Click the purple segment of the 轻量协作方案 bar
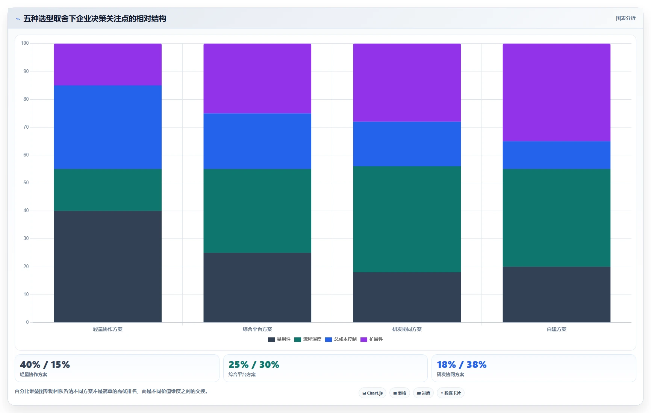(x=107, y=64)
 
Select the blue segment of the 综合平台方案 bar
(x=257, y=141)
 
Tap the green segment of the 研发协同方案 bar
(x=407, y=219)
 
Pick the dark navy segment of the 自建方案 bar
(x=556, y=295)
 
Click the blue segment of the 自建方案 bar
(x=556, y=155)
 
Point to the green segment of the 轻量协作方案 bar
(x=107, y=190)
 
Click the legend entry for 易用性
(x=279, y=339)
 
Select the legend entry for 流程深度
(x=308, y=339)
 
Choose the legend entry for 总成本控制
(x=341, y=339)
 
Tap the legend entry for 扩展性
(x=372, y=339)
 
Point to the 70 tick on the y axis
(x=26, y=127)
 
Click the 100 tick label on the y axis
(x=25, y=43)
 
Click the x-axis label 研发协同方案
(x=407, y=329)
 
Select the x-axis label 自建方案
(x=557, y=329)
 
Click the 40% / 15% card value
(x=45, y=364)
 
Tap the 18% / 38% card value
(x=462, y=364)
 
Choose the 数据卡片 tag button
(x=451, y=393)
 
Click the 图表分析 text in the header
(x=625, y=18)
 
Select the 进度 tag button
(x=423, y=393)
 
